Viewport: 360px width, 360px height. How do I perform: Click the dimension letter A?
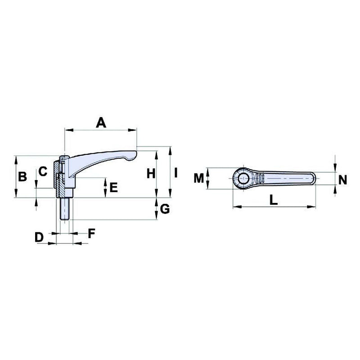(x=101, y=122)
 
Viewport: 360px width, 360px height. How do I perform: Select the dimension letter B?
(x=22, y=177)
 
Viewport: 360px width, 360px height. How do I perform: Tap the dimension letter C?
(x=42, y=171)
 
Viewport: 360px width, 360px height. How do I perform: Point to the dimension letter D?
(x=40, y=237)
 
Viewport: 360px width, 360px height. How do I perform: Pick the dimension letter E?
(x=113, y=187)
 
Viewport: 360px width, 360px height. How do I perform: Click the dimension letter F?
(x=91, y=233)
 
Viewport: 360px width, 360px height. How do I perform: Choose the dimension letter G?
(x=165, y=209)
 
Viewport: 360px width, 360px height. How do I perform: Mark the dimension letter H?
(x=151, y=172)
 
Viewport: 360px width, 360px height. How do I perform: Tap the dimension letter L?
(x=273, y=200)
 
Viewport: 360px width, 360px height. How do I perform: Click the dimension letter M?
(x=199, y=178)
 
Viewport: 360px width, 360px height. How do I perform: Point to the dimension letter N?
(x=342, y=180)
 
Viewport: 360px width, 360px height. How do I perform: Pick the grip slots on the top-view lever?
(x=261, y=179)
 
